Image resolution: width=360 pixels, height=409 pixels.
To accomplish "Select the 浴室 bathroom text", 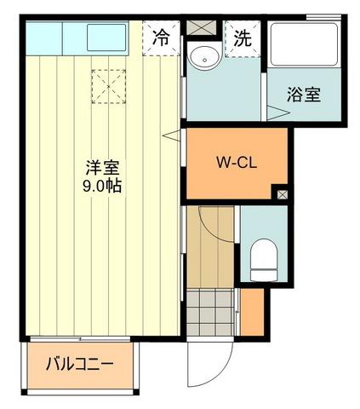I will coord(304,95).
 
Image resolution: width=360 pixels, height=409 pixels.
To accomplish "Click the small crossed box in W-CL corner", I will coord(283,194).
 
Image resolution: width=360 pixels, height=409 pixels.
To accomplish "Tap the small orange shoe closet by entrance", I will coord(253,313).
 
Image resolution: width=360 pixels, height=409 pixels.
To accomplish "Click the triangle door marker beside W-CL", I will coord(176,134).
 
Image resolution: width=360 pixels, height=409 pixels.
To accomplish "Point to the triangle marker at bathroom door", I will coord(271,110).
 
